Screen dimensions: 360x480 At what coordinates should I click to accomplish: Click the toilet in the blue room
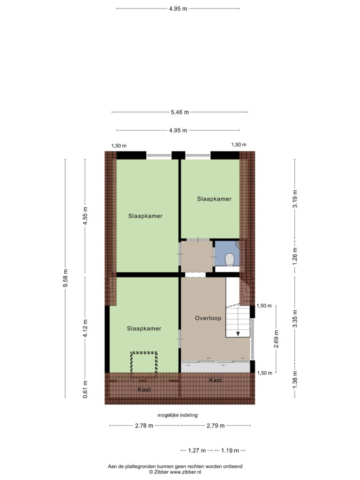pyautogui.click(x=230, y=260)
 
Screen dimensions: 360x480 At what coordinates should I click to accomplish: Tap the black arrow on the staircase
pyautogui.click(x=238, y=334)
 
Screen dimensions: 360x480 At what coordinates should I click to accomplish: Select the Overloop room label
pyautogui.click(x=208, y=318)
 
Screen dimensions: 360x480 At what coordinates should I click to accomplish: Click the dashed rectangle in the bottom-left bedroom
pyautogui.click(x=144, y=365)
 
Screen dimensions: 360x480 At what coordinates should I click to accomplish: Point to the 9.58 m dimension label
pyautogui.click(x=66, y=278)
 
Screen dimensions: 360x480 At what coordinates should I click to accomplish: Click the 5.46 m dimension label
pyautogui.click(x=180, y=112)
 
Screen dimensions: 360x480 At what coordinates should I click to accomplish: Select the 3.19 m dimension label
pyautogui.click(x=295, y=199)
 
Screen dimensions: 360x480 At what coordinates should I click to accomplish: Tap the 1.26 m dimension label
pyautogui.click(x=295, y=255)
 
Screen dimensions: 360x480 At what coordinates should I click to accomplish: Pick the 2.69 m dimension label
pyautogui.click(x=276, y=339)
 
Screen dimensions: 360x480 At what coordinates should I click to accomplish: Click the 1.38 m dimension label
pyautogui.click(x=295, y=380)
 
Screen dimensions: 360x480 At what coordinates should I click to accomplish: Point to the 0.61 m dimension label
pyautogui.click(x=85, y=390)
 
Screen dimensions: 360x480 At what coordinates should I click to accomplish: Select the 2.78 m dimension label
pyautogui.click(x=144, y=426)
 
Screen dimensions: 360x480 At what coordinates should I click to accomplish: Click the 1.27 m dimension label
pyautogui.click(x=197, y=450)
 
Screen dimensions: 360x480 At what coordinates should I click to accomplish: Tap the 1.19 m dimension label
pyautogui.click(x=230, y=450)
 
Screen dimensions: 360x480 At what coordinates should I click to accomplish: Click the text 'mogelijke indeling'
pyautogui.click(x=178, y=415)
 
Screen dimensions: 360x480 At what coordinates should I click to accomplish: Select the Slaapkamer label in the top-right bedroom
pyautogui.click(x=214, y=199)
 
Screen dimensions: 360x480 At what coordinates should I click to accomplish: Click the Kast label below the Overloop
pyautogui.click(x=216, y=380)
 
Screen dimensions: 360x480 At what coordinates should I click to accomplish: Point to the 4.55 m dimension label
pyautogui.click(x=85, y=216)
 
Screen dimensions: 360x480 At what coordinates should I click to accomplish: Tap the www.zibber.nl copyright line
pyautogui.click(x=175, y=472)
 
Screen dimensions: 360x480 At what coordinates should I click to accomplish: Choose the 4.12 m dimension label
pyautogui.click(x=85, y=328)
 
